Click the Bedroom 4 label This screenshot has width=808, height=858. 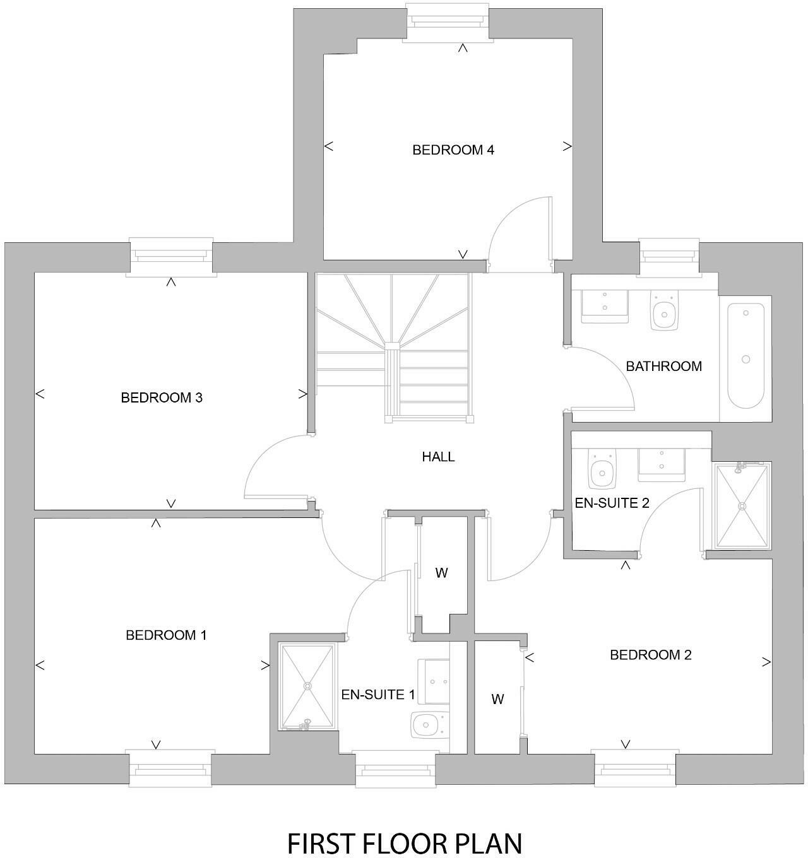click(453, 150)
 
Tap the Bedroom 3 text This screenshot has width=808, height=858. click(161, 397)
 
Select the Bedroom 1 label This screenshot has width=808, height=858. click(166, 635)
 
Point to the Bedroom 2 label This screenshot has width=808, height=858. click(650, 655)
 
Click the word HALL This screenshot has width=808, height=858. click(438, 457)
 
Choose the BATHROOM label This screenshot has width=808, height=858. click(663, 367)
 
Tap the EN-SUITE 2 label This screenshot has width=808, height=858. click(612, 503)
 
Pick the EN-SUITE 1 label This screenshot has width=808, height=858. click(378, 695)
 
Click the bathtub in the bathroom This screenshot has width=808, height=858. click(746, 356)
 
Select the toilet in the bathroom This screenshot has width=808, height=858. click(663, 310)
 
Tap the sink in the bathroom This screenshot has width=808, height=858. click(604, 307)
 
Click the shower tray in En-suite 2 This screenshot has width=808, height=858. click(742, 506)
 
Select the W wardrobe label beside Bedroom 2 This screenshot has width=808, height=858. click(497, 700)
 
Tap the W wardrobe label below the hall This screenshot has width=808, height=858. click(441, 573)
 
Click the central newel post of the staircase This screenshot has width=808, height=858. click(393, 346)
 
